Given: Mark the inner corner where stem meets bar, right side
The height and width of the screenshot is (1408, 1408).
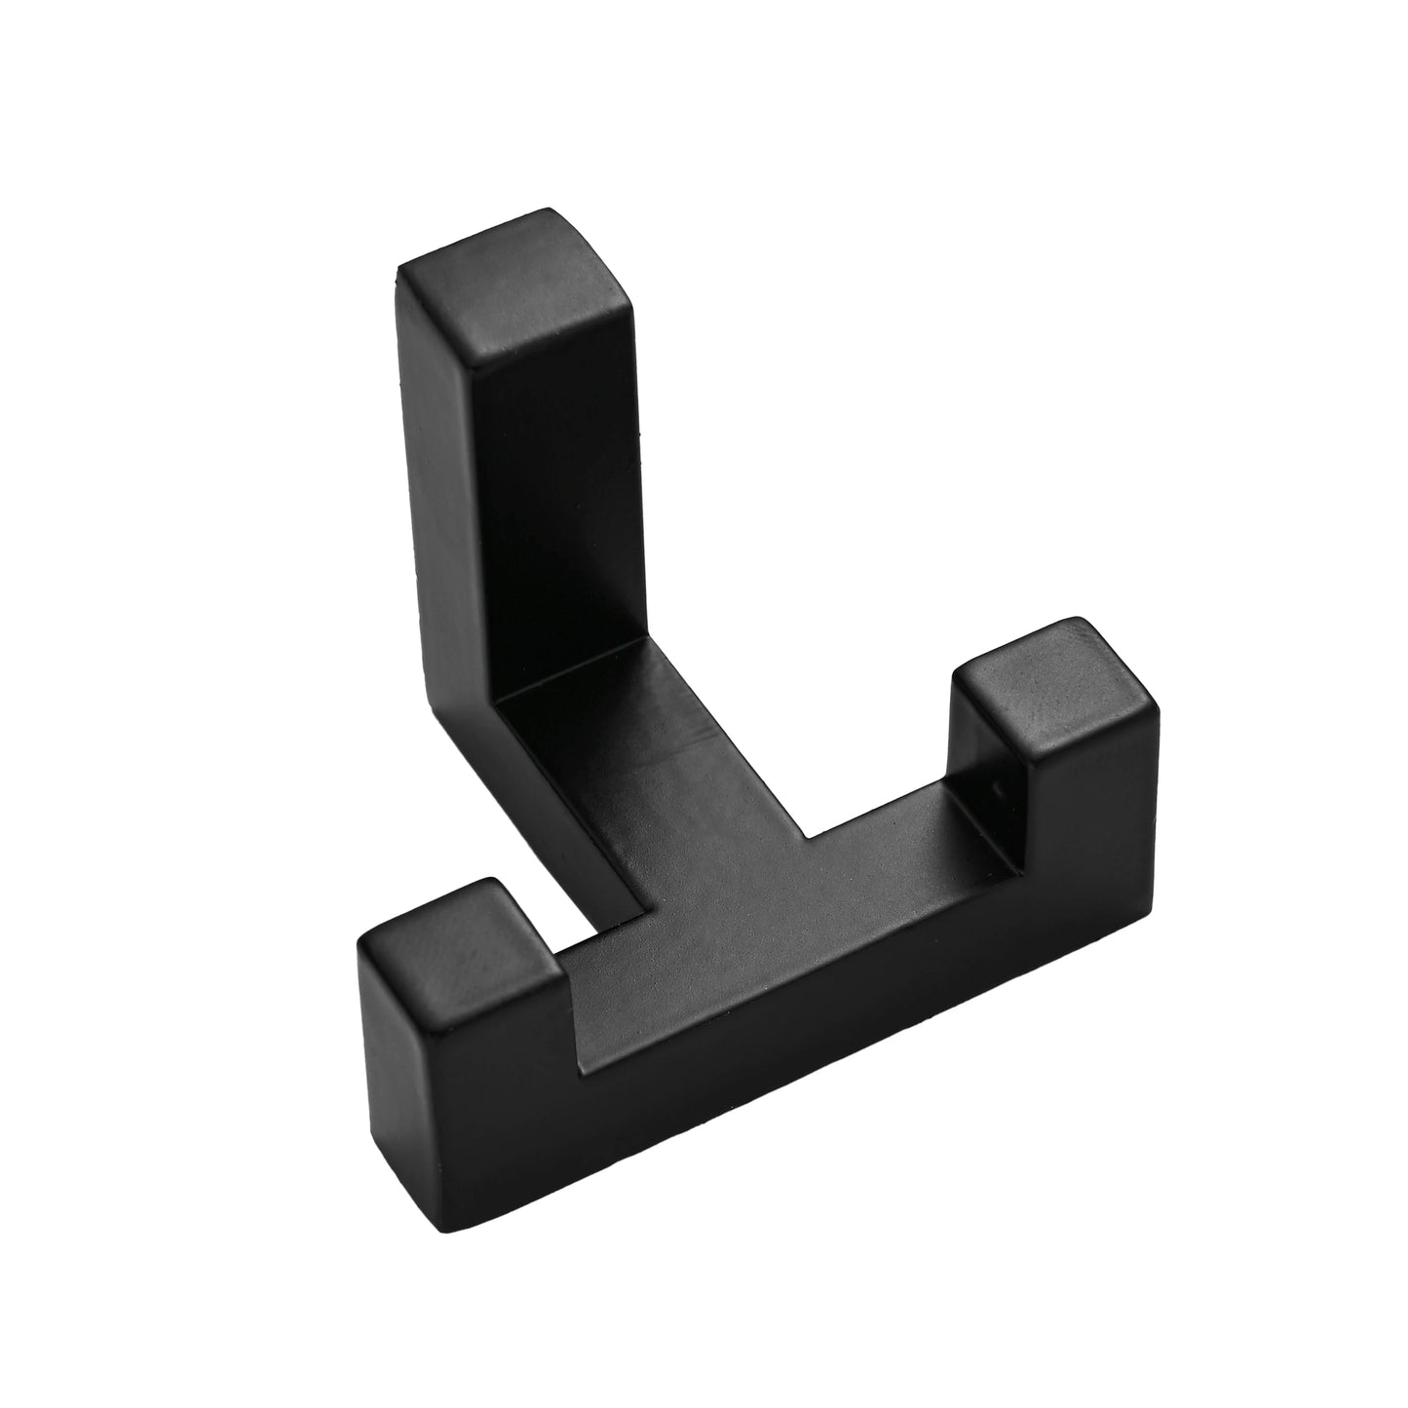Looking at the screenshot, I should (807, 836).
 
